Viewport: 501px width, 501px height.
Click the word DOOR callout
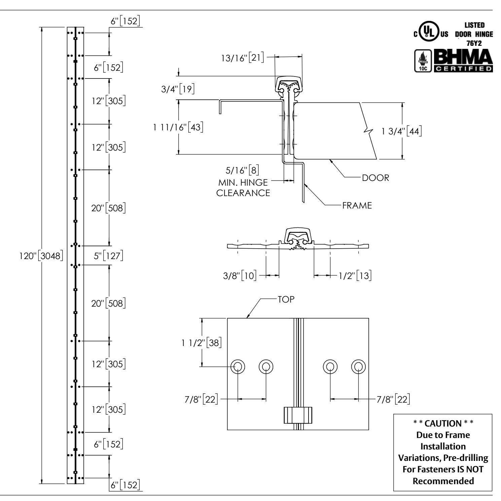(x=375, y=178)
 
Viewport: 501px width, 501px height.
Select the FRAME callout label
(x=357, y=206)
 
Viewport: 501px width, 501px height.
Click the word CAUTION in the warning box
(x=442, y=424)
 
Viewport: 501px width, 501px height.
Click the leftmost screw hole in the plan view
(x=238, y=367)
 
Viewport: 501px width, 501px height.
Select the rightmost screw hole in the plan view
(x=358, y=367)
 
